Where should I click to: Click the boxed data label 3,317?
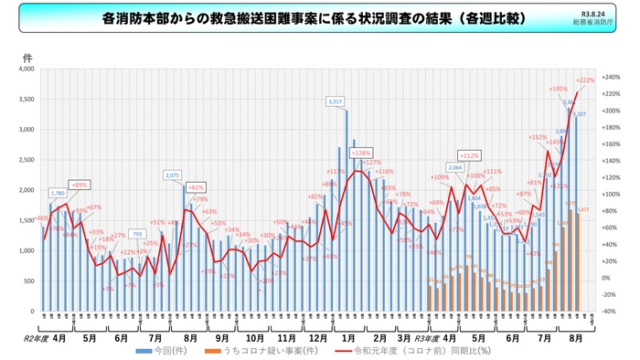(335, 101)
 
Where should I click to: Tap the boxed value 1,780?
(58, 194)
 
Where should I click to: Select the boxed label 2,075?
(172, 175)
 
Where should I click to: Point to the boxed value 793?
(136, 234)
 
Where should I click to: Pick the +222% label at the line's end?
(586, 80)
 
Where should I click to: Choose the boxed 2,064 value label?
(456, 168)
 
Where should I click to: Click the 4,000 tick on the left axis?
(25, 69)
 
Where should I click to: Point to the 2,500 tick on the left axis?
(25, 160)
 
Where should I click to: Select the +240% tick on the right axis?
(613, 78)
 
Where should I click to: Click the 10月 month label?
(255, 336)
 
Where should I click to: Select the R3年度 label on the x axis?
(427, 336)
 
